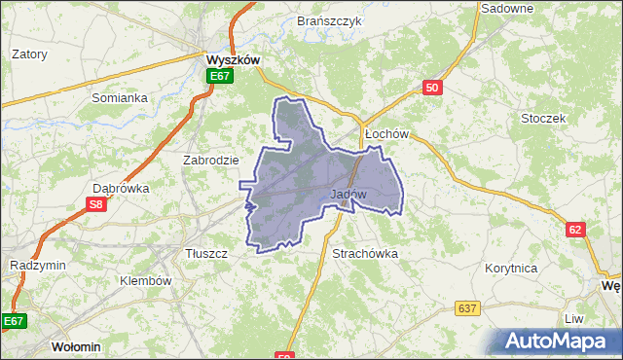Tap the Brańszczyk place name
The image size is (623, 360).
click(x=330, y=20)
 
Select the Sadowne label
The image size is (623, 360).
click(x=507, y=8)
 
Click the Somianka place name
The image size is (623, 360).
click(x=119, y=97)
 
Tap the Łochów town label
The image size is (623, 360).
click(x=384, y=133)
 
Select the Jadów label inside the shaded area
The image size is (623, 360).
click(x=348, y=194)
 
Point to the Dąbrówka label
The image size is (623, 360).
click(x=120, y=189)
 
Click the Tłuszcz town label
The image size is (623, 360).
click(x=205, y=253)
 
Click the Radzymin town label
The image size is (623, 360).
click(x=36, y=266)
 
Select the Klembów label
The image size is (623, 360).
click(x=145, y=280)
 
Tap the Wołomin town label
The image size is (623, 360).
click(x=76, y=346)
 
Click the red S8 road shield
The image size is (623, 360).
click(x=95, y=204)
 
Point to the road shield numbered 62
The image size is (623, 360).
click(x=576, y=229)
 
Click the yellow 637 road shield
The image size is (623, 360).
click(x=468, y=308)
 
